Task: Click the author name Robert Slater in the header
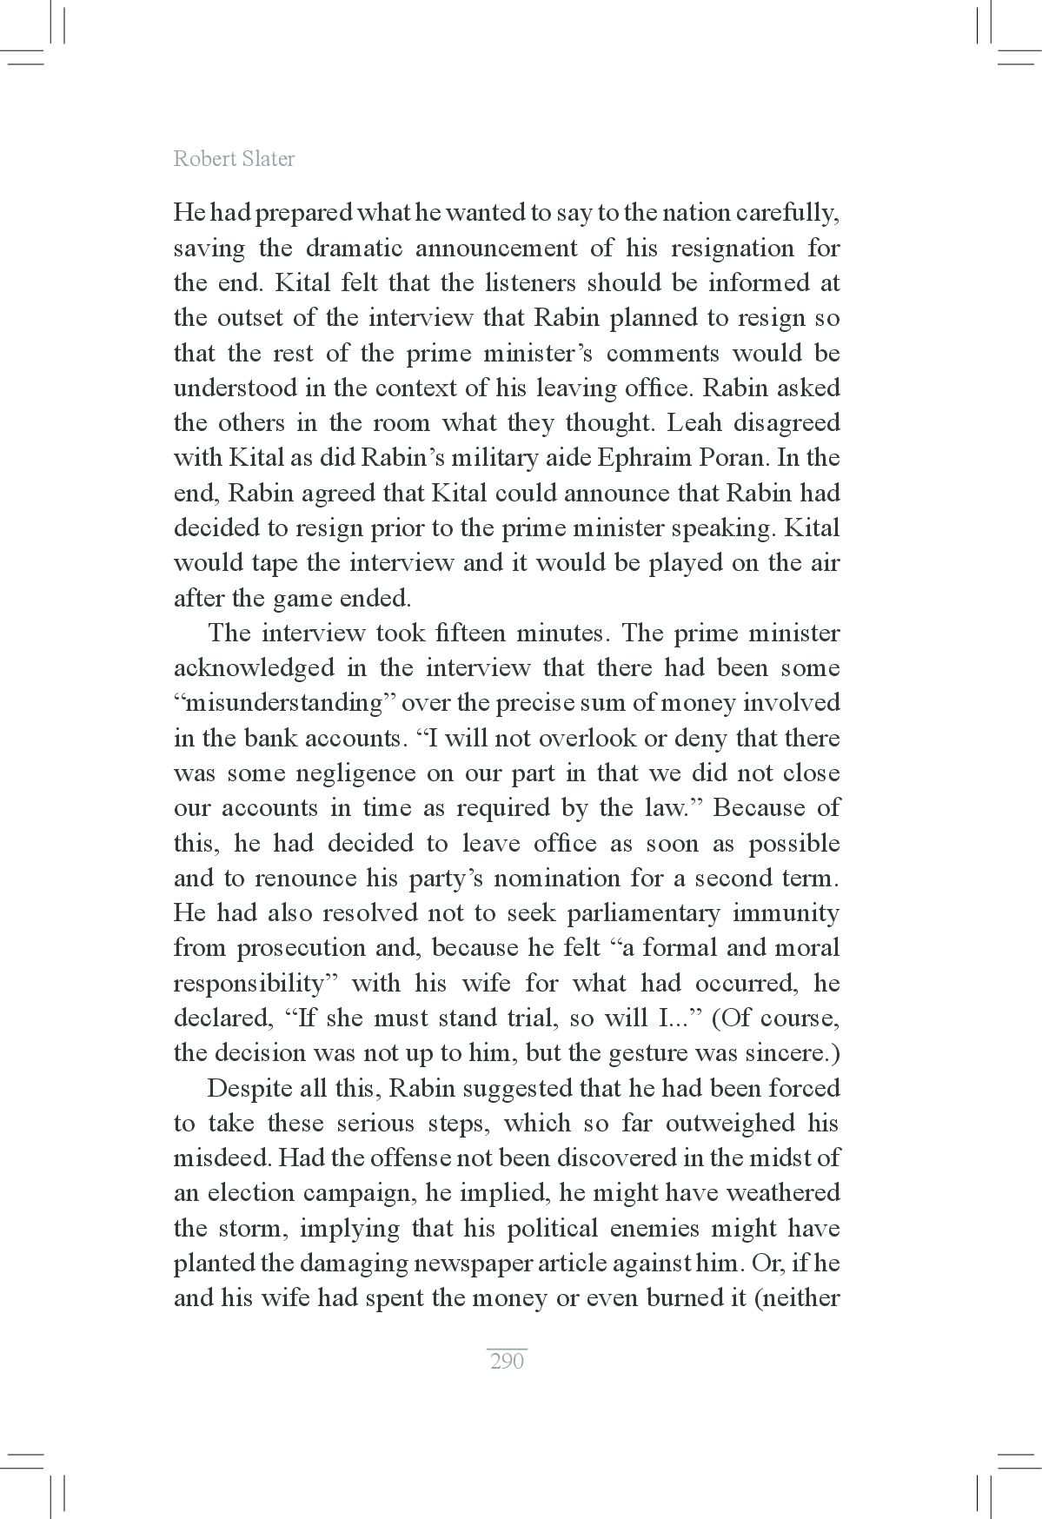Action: (234, 159)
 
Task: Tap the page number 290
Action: (507, 1361)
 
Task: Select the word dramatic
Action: (355, 249)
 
